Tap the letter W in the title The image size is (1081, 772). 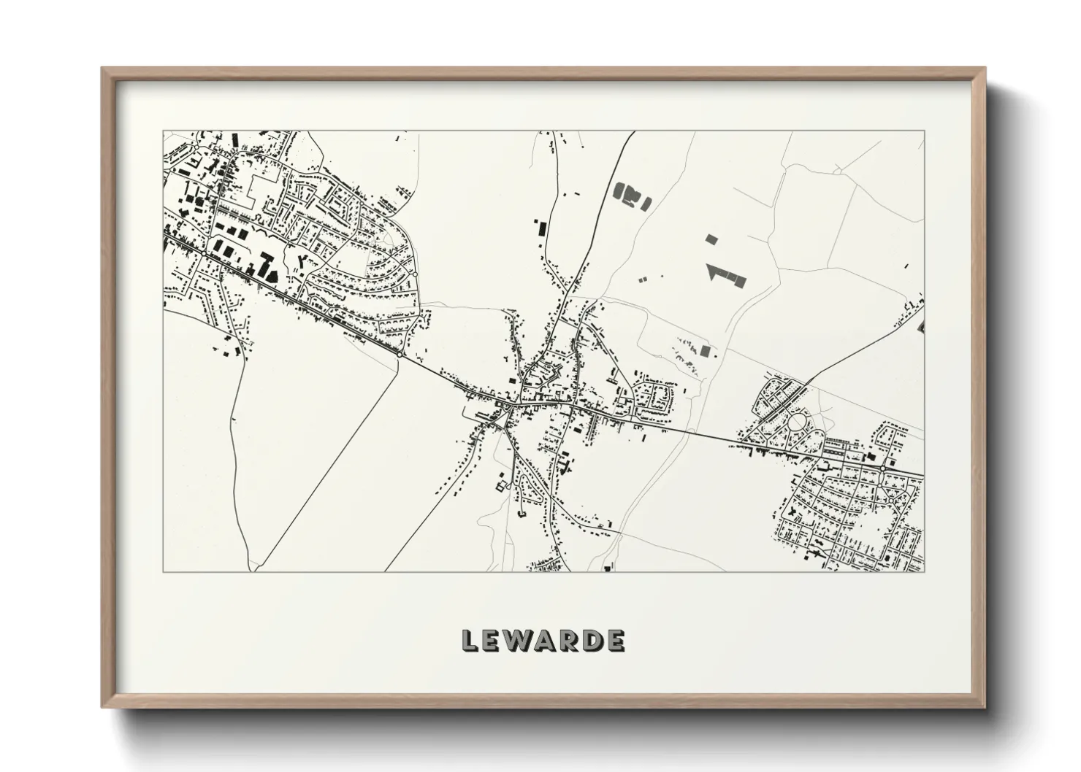coord(517,641)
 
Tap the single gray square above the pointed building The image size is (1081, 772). coord(712,239)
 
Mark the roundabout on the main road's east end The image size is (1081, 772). coord(885,467)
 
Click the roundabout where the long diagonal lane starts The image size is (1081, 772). coord(402,355)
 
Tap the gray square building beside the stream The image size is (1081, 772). coord(705,350)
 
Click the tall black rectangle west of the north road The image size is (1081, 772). coord(541,227)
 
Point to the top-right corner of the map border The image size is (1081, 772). coord(924,131)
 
